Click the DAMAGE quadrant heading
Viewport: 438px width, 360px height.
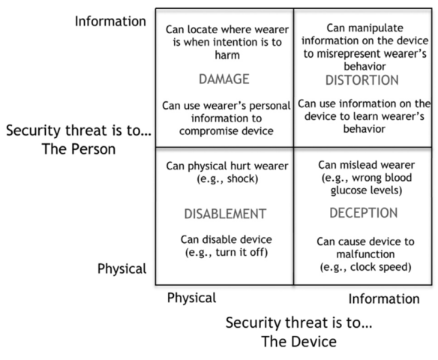click(224, 79)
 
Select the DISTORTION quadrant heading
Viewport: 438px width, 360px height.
click(362, 80)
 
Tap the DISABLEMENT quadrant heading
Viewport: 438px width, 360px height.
click(225, 214)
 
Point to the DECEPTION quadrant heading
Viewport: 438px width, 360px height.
click(364, 213)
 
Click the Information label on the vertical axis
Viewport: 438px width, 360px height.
click(110, 21)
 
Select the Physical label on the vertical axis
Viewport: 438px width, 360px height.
click(121, 269)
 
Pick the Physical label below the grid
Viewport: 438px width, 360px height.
click(192, 298)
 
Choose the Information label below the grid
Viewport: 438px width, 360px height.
click(384, 298)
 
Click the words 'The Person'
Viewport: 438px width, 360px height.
click(79, 148)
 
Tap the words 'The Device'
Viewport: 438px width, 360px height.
click(299, 341)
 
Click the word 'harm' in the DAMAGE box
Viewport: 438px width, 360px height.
click(227, 55)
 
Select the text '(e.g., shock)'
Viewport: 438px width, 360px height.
click(227, 178)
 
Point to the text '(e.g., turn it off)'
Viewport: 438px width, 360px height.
click(226, 252)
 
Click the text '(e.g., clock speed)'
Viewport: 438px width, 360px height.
click(366, 267)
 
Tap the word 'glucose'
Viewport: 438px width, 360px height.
click(349, 190)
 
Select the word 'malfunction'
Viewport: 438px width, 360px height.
click(365, 254)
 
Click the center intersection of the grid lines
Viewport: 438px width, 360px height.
click(293, 147)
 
